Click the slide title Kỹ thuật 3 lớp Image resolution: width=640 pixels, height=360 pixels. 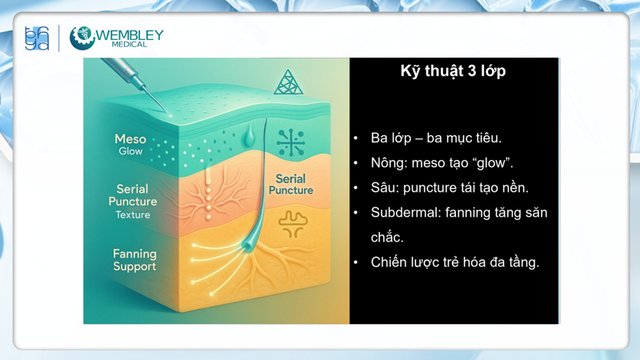pyautogui.click(x=453, y=71)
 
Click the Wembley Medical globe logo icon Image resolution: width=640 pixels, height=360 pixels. pyautogui.click(x=82, y=38)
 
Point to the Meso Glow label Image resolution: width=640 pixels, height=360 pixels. pyautogui.click(x=130, y=145)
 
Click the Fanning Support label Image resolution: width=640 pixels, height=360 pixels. pyautogui.click(x=134, y=260)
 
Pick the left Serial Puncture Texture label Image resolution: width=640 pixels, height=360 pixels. pyautogui.click(x=133, y=202)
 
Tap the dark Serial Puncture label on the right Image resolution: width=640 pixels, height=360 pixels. pyautogui.click(x=290, y=185)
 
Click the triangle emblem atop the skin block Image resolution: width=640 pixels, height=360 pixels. pyautogui.click(x=288, y=82)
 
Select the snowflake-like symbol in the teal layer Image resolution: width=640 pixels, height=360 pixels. pyautogui.click(x=290, y=142)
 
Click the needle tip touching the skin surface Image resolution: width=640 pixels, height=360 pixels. pyautogui.click(x=163, y=110)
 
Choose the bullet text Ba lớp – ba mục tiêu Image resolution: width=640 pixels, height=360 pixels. pyautogui.click(x=436, y=138)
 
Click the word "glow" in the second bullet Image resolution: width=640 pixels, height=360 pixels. pyautogui.click(x=494, y=163)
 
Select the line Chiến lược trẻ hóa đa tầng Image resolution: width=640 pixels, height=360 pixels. pyautogui.click(x=454, y=262)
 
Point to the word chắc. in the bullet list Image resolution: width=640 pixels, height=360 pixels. pyautogui.click(x=387, y=238)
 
